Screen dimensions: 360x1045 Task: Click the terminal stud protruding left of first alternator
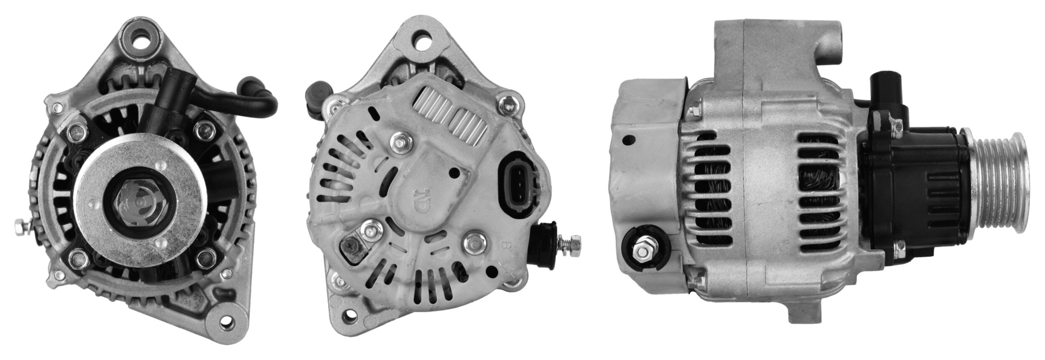click(20, 228)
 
